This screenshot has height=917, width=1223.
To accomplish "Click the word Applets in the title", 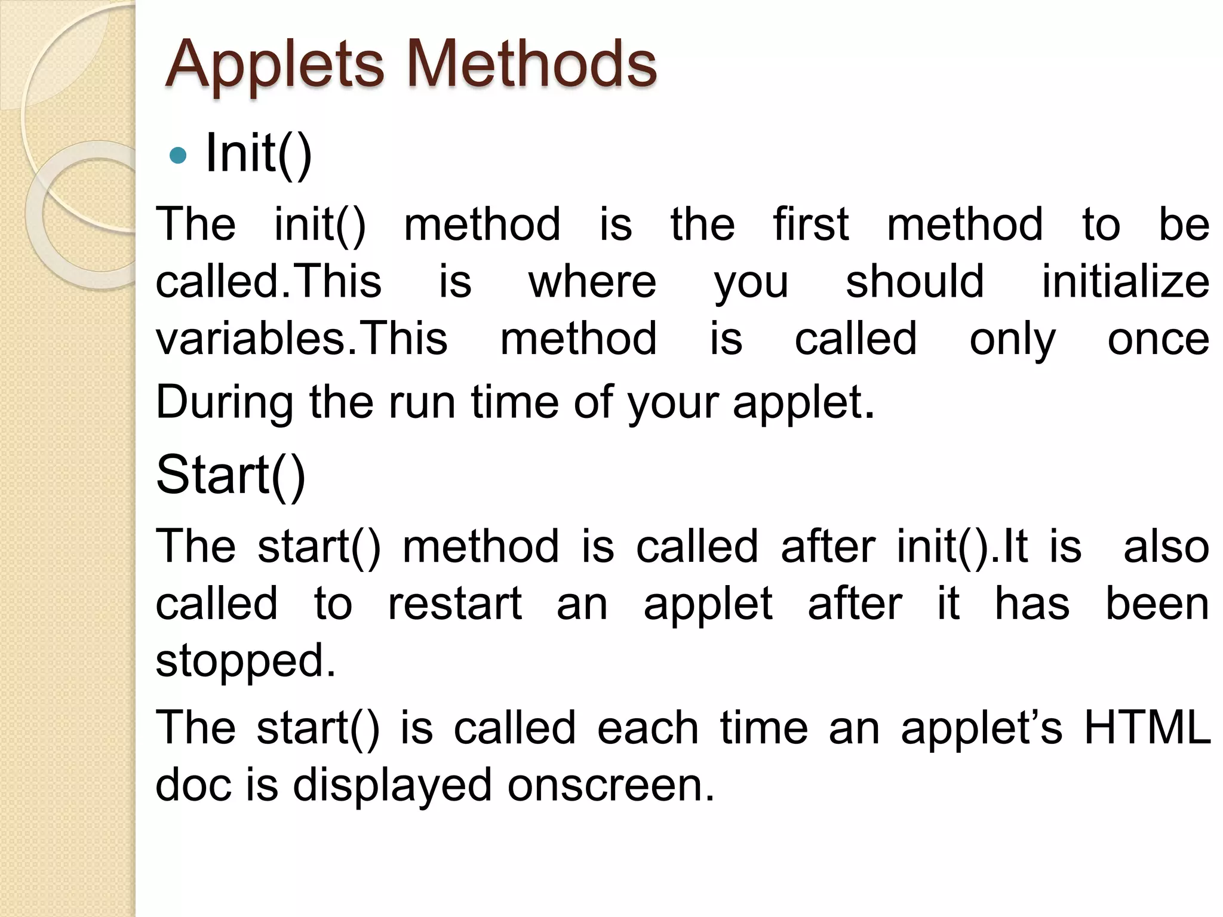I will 274,64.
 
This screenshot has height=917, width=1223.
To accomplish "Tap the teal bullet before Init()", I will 178,156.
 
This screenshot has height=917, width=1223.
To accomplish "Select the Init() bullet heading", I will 258,154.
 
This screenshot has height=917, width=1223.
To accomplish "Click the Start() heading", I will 231,475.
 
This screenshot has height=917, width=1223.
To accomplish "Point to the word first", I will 810,224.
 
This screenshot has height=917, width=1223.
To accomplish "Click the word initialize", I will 1125,282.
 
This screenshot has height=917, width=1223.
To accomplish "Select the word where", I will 592,282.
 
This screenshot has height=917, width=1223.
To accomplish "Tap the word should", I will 914,282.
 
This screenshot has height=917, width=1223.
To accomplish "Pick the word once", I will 1158,339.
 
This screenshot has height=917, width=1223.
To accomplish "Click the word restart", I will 455,604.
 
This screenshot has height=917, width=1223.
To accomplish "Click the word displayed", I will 392,786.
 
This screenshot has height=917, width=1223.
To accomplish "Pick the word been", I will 1157,604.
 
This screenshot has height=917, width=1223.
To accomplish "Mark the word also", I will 1166,547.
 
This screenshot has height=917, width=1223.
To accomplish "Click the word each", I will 647,728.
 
